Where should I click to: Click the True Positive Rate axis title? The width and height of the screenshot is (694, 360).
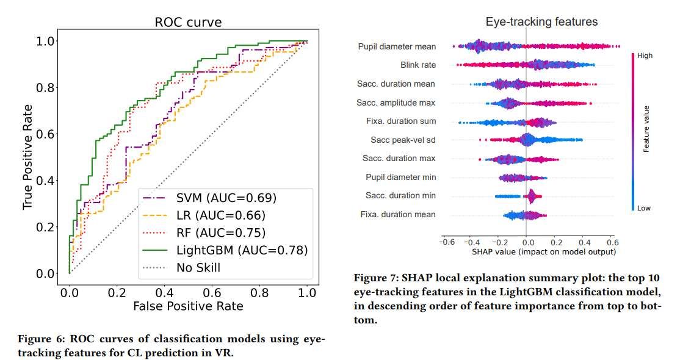click(x=28, y=157)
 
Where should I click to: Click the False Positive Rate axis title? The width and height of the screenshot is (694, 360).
click(x=188, y=306)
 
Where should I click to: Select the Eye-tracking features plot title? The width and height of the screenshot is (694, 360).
click(x=541, y=22)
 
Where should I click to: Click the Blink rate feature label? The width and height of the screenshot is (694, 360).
click(x=418, y=65)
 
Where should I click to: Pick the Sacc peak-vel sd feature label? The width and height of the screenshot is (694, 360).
click(x=403, y=140)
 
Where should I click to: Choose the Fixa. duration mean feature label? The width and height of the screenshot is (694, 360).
click(x=398, y=214)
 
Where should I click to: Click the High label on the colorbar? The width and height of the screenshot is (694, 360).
click(x=645, y=56)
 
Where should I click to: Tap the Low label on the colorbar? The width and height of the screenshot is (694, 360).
click(x=644, y=208)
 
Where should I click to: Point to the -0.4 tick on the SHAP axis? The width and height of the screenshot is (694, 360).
click(x=470, y=242)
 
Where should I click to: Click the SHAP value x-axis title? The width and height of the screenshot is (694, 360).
click(x=544, y=251)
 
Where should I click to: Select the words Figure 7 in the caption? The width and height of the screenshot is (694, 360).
click(x=374, y=278)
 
